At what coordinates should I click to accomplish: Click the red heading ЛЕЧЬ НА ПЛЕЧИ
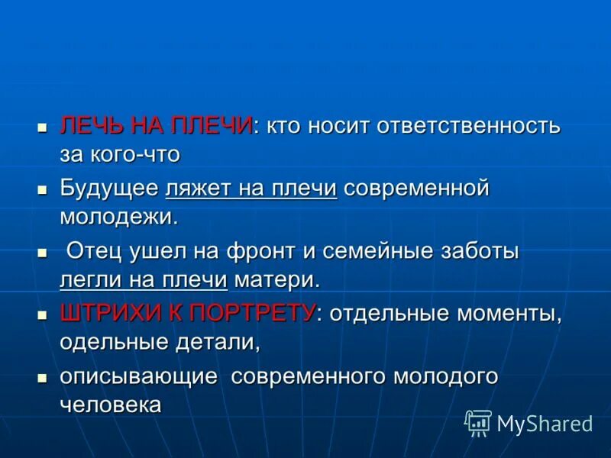(156, 125)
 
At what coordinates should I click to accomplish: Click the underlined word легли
(86, 280)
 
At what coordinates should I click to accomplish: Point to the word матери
(277, 280)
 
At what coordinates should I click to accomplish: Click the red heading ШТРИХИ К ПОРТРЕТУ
(187, 313)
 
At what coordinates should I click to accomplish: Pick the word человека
(111, 405)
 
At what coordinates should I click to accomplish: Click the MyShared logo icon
(478, 422)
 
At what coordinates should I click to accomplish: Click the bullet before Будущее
(44, 189)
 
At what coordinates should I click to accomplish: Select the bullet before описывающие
(44, 376)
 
